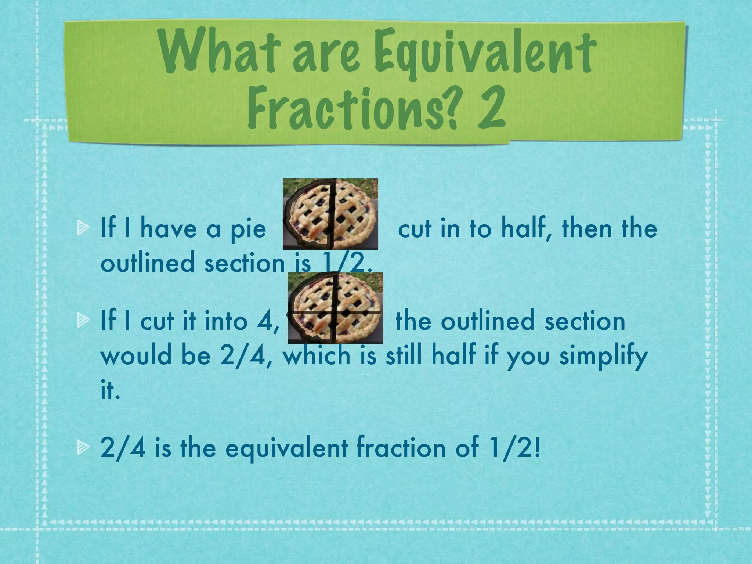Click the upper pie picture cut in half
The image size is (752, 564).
(x=330, y=214)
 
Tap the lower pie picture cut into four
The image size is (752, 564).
(x=335, y=308)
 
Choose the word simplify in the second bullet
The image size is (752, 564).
(x=603, y=356)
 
